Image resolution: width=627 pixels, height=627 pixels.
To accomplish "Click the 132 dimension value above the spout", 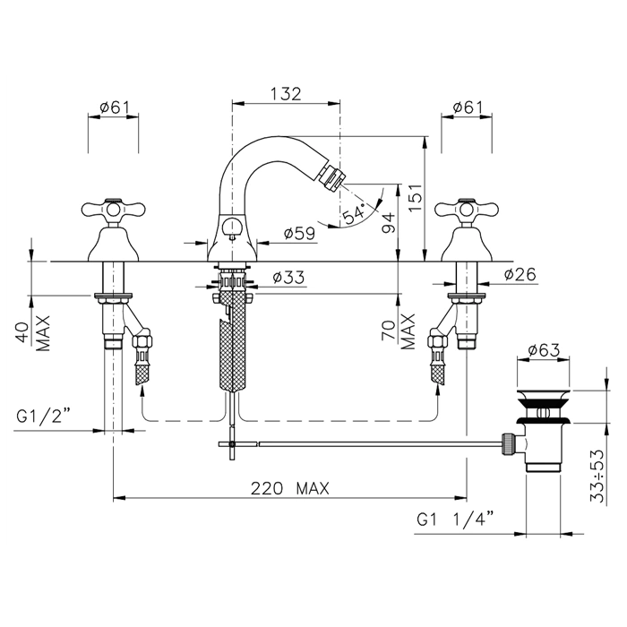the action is (286, 94).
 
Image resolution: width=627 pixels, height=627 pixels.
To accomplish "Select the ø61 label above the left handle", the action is (115, 107).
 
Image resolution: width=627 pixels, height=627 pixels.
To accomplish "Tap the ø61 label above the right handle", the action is (468, 107).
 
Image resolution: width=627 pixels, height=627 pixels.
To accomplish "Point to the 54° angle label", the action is (355, 213).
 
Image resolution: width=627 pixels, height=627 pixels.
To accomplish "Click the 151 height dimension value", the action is (416, 198).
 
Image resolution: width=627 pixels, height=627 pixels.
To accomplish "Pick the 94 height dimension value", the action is (388, 223).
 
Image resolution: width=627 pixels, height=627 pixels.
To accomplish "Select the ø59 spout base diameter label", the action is (299, 233).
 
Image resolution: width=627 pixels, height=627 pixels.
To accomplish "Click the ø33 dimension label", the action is (288, 277).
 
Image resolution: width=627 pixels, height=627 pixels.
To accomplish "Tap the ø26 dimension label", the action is (520, 274).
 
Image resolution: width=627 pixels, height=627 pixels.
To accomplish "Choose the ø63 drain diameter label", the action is (544, 350).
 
